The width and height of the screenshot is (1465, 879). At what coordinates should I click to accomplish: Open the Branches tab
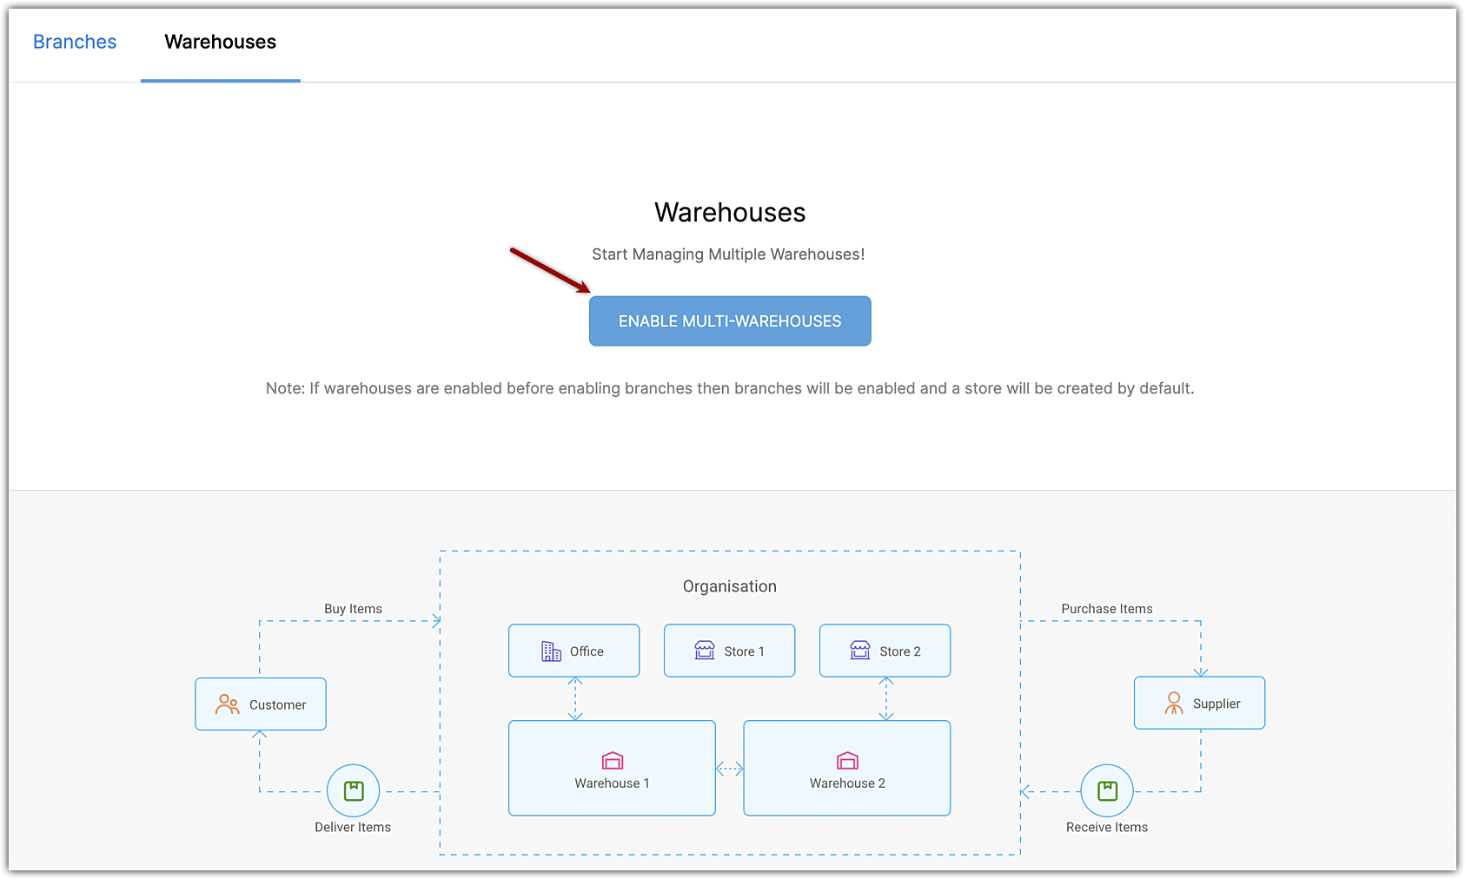pyautogui.click(x=75, y=42)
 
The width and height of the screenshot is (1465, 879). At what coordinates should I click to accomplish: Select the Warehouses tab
pyautogui.click(x=220, y=42)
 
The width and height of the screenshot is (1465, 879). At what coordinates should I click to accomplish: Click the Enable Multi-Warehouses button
pyautogui.click(x=730, y=321)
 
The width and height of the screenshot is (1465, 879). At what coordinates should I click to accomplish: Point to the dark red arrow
pyautogui.click(x=549, y=270)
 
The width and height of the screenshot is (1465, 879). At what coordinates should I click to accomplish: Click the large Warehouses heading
pyautogui.click(x=730, y=213)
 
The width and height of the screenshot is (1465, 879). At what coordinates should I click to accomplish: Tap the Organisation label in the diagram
pyautogui.click(x=730, y=586)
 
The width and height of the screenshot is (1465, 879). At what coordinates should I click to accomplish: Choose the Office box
pyautogui.click(x=573, y=651)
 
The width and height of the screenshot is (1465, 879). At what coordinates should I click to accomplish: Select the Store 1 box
pyautogui.click(x=729, y=651)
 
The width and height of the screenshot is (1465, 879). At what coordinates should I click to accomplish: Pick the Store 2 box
pyautogui.click(x=885, y=651)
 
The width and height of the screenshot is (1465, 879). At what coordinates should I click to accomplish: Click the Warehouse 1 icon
pyautogui.click(x=613, y=761)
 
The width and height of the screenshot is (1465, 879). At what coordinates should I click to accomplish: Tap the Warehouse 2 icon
pyautogui.click(x=847, y=761)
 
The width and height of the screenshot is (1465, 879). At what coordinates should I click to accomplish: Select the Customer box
pyautogui.click(x=261, y=704)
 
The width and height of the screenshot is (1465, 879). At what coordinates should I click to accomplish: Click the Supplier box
pyautogui.click(x=1199, y=703)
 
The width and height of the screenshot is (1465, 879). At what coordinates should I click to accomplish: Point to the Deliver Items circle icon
pyautogui.click(x=354, y=790)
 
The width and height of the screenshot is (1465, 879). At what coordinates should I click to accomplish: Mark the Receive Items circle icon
pyautogui.click(x=1107, y=790)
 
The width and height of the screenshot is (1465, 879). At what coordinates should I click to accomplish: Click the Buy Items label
pyautogui.click(x=353, y=609)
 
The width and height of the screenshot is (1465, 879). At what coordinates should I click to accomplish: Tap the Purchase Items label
pyautogui.click(x=1107, y=609)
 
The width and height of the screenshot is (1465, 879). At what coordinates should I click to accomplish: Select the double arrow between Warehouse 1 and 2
pyautogui.click(x=730, y=769)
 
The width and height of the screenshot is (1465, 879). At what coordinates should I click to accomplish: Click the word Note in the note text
pyautogui.click(x=283, y=388)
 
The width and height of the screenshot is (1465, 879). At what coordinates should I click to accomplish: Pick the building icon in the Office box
pyautogui.click(x=552, y=651)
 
